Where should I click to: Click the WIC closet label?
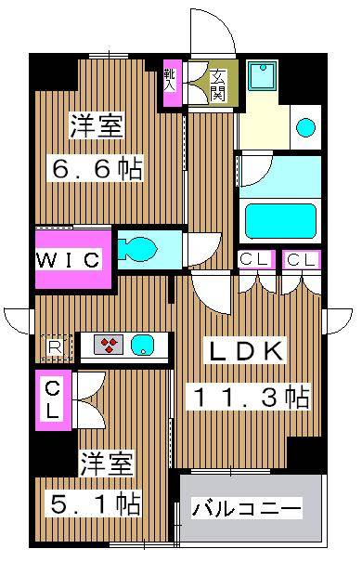coord(69,260)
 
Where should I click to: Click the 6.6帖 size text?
coord(96,169)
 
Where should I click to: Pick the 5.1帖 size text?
coord(95,504)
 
